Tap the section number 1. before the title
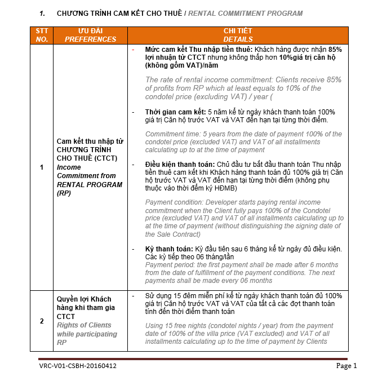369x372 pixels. [43, 13]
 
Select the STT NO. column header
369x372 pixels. [42, 35]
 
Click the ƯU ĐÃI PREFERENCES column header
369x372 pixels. [90, 35]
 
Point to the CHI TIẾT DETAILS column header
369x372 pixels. [238, 35]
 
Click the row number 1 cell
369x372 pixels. [42, 167]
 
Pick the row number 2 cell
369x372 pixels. [42, 321]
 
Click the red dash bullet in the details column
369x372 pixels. [133, 50]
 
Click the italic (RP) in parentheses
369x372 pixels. [64, 193]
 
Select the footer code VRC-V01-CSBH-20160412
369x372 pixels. [78, 366]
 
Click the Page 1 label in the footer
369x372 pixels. [346, 366]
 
